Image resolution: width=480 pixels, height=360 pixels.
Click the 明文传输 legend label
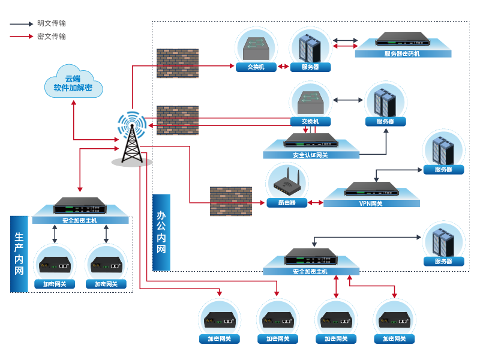(51, 23)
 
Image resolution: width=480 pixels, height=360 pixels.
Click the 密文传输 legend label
(51, 37)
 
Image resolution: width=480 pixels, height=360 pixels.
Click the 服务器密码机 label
(402, 54)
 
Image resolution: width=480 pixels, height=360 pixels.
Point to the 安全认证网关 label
(310, 155)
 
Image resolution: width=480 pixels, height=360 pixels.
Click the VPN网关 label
(371, 203)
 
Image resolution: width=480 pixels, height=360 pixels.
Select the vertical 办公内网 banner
(161, 232)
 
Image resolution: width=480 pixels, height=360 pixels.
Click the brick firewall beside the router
(230, 201)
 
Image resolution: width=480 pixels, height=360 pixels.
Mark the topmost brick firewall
(177, 63)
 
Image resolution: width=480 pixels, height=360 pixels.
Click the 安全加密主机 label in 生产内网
(80, 220)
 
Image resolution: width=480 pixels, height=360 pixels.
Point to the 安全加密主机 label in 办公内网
(310, 272)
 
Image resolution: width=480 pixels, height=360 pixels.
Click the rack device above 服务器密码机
(402, 41)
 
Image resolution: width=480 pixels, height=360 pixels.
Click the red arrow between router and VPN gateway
(316, 203)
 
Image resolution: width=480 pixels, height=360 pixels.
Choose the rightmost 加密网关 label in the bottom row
(394, 339)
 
